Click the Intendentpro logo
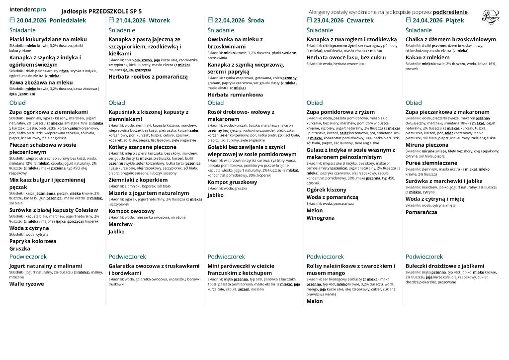click(x=28, y=9)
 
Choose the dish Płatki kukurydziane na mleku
click(x=48, y=39)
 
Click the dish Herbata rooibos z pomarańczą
click(x=148, y=77)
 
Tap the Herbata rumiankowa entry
click(x=235, y=94)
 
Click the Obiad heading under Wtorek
click(x=117, y=103)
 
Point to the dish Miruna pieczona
click(x=427, y=145)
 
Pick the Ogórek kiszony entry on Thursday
click(x=326, y=189)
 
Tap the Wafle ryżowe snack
click(x=26, y=284)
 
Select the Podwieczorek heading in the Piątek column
click(x=424, y=257)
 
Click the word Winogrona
click(x=321, y=218)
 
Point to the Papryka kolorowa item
click(x=33, y=241)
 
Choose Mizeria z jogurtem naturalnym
click(x=148, y=193)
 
